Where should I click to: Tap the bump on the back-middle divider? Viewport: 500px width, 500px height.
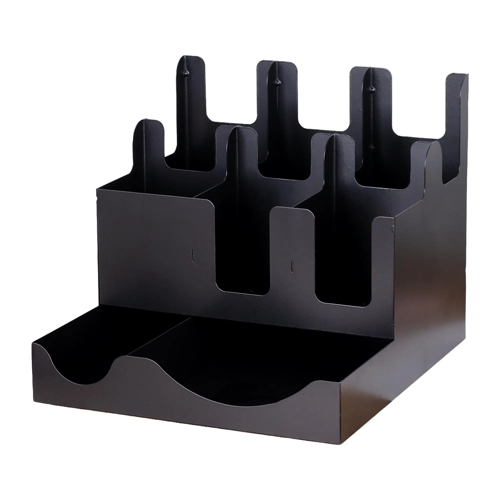(x=277, y=82)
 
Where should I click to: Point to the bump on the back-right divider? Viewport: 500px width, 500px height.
(x=372, y=89)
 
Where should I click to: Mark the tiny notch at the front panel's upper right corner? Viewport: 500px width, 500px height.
(x=393, y=228)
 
